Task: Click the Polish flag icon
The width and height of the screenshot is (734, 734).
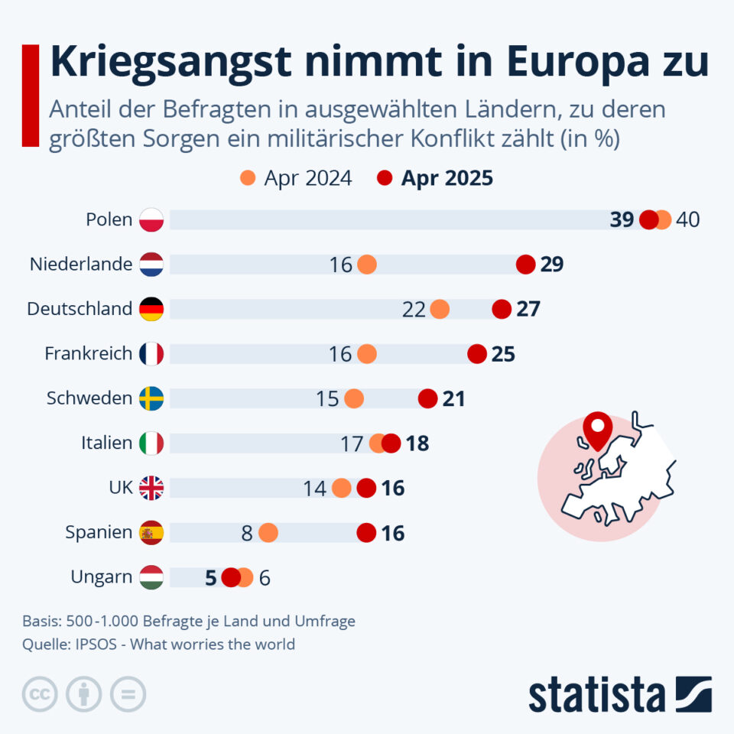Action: point(151,220)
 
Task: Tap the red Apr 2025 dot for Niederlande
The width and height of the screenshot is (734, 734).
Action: point(525,265)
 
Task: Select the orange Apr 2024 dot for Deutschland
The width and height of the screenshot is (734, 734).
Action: point(440,309)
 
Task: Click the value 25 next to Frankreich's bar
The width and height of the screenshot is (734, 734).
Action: point(503,354)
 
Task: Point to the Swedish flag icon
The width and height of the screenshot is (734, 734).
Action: point(151,398)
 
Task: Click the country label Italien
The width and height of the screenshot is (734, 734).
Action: point(106,443)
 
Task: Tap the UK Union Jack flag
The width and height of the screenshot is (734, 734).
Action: point(151,488)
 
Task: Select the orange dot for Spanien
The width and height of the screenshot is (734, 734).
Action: point(268,532)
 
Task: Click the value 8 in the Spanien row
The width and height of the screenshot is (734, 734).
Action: point(247,533)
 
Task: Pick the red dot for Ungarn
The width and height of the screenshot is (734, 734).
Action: point(231,577)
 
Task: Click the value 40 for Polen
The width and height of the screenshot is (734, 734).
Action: point(688,220)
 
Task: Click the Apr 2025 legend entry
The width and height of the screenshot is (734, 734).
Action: point(436,178)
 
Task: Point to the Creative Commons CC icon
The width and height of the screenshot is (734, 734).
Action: point(41,694)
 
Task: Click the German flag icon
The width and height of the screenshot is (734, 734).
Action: point(151,309)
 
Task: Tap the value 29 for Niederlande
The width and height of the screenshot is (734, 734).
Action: point(551,265)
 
